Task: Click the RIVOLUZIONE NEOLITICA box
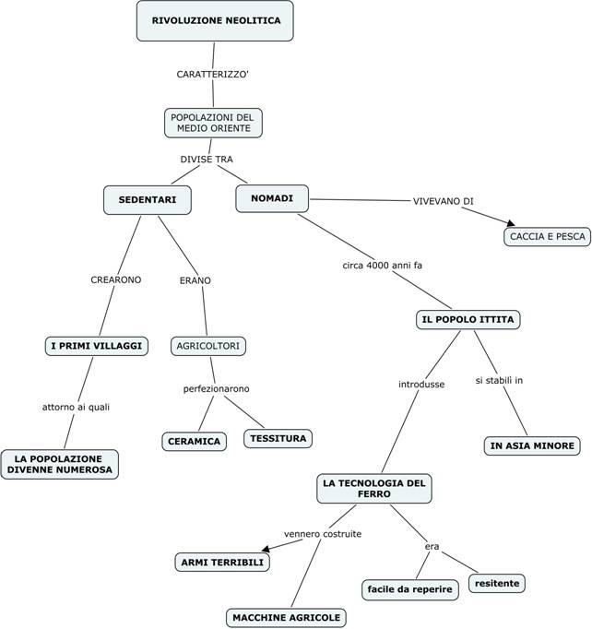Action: point(215,20)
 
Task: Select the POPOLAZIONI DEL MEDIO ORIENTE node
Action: point(212,123)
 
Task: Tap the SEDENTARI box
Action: point(148,199)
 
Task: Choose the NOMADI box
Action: point(272,198)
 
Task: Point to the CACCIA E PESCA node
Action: point(546,237)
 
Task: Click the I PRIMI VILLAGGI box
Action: point(97,346)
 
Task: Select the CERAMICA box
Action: point(195,442)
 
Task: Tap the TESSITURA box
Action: point(278,438)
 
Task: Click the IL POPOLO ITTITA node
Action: point(468,320)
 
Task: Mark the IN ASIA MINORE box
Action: point(532,445)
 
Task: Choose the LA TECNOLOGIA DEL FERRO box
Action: point(373,489)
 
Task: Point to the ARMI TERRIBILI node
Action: point(221,562)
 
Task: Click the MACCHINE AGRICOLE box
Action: point(287,617)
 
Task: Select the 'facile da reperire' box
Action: point(409,588)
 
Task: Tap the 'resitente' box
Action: point(498,583)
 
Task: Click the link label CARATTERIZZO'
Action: point(213,74)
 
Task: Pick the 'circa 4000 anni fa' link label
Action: point(383,266)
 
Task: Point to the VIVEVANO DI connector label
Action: point(444,201)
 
